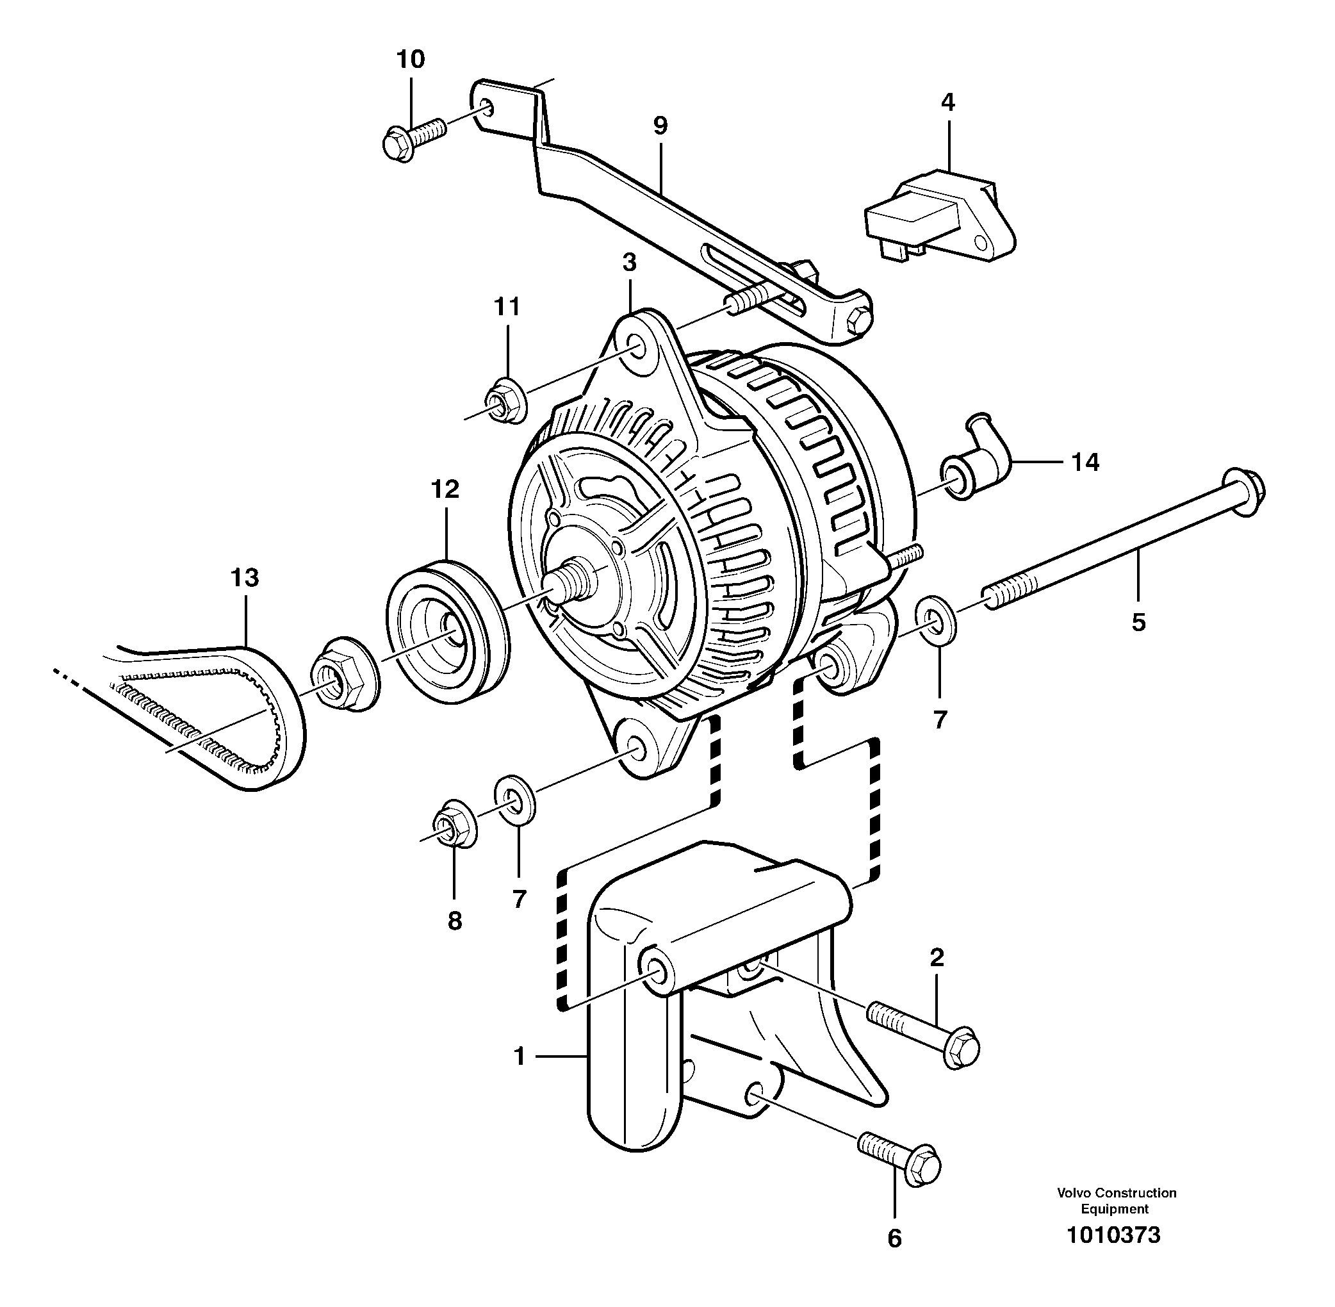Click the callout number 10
411,60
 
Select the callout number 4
947,103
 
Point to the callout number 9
660,126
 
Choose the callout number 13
244,577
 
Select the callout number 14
1085,463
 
